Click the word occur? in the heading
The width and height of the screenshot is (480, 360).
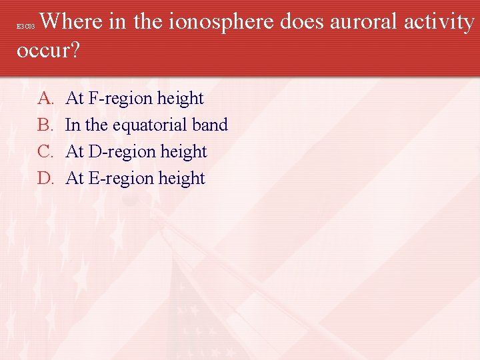click(x=47, y=51)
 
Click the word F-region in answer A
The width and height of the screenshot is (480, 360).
click(x=120, y=99)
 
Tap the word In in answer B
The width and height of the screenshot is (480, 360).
click(x=73, y=125)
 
